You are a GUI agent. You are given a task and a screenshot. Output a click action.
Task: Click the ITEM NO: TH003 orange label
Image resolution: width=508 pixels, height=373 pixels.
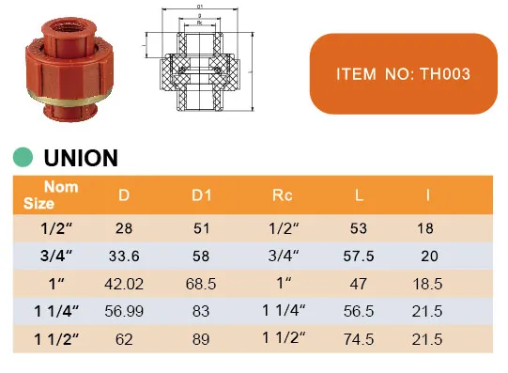pyautogui.click(x=403, y=72)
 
